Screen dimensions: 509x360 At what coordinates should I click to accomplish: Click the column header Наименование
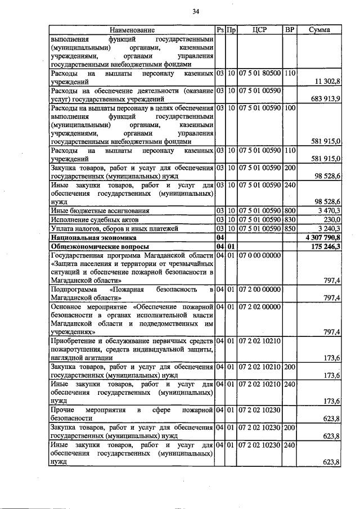click(132, 30)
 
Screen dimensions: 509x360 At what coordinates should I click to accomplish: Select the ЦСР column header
click(259, 30)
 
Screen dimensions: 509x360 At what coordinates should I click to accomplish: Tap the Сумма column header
click(319, 30)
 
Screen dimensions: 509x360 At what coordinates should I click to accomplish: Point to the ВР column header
click(290, 30)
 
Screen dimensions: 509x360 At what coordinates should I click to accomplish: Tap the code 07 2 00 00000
click(259, 289)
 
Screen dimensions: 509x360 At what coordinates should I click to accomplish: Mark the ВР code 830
click(290, 219)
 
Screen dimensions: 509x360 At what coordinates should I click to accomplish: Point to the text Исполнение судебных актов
click(94, 219)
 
